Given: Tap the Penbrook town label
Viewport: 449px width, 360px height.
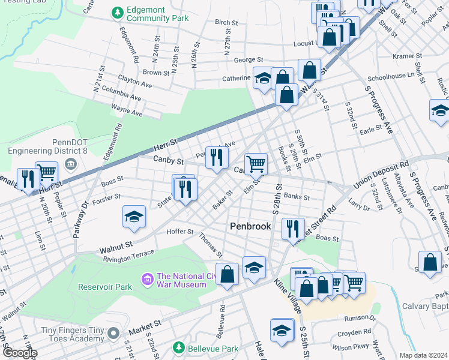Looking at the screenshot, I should [x=251, y=226].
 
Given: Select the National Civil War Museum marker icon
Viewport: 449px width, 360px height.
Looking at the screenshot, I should [x=146, y=279].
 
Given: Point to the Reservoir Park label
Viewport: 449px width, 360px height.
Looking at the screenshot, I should [x=105, y=287].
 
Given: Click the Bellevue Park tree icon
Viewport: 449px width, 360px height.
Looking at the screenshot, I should [x=178, y=348].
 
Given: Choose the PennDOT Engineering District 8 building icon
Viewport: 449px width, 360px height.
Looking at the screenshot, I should [x=70, y=164].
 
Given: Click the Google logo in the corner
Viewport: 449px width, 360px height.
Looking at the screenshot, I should [x=20, y=353].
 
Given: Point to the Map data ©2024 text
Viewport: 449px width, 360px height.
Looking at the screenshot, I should [x=423, y=355].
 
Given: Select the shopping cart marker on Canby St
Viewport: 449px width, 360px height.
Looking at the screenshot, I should [x=256, y=163].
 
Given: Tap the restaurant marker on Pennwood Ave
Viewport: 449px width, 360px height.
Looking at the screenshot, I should [x=217, y=157].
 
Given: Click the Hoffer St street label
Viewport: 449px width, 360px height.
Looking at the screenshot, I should [x=180, y=231].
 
